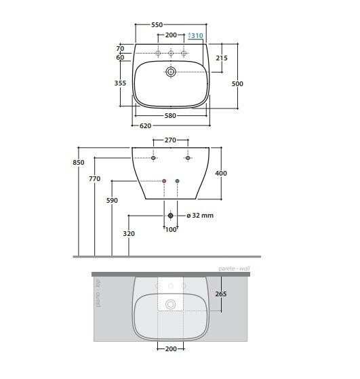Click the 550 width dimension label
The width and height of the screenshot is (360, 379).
157,24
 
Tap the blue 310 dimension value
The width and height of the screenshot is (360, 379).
197,36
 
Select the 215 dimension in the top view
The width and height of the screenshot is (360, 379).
222,58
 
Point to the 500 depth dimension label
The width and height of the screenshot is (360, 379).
237,83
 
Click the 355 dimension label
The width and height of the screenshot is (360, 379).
120,83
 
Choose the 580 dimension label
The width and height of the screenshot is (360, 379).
170,116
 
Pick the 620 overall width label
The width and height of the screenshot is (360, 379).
145,125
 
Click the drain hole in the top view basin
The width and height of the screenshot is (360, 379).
171,72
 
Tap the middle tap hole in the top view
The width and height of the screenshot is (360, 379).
171,53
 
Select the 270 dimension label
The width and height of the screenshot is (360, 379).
170,140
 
